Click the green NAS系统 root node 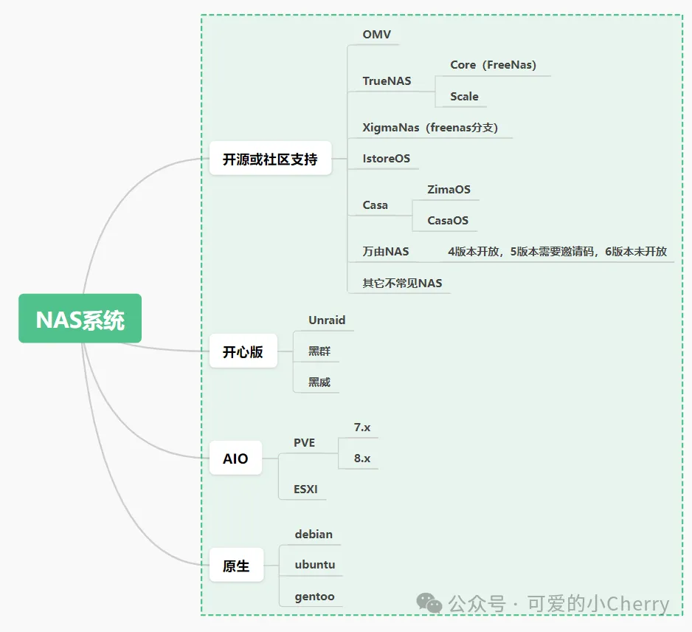click(x=80, y=320)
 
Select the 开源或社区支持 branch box click(x=270, y=159)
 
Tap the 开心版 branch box click(x=243, y=351)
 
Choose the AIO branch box click(x=235, y=458)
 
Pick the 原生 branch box click(x=236, y=566)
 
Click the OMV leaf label click(x=376, y=35)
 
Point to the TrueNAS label click(x=387, y=80)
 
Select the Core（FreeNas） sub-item click(x=493, y=65)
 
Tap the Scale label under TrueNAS click(x=464, y=97)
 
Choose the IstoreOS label click(x=386, y=158)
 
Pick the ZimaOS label click(x=449, y=190)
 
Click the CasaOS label click(x=448, y=220)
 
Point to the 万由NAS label click(x=385, y=251)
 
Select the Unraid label click(x=327, y=320)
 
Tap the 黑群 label click(x=319, y=351)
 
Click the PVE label click(x=304, y=443)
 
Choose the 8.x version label click(x=362, y=458)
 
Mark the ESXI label click(x=305, y=489)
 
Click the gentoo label click(x=314, y=596)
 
